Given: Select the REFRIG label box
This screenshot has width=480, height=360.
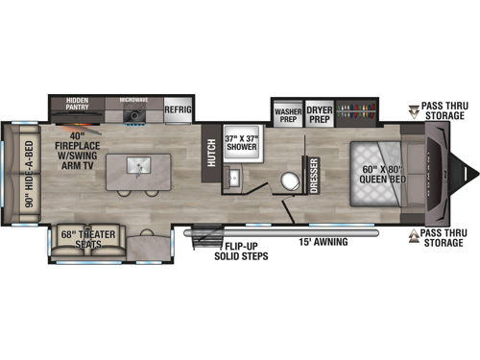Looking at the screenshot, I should pos(179,109).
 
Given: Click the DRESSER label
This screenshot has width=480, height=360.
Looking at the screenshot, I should pos(314,176).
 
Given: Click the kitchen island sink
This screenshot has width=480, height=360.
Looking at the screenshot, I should pos(140,165).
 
